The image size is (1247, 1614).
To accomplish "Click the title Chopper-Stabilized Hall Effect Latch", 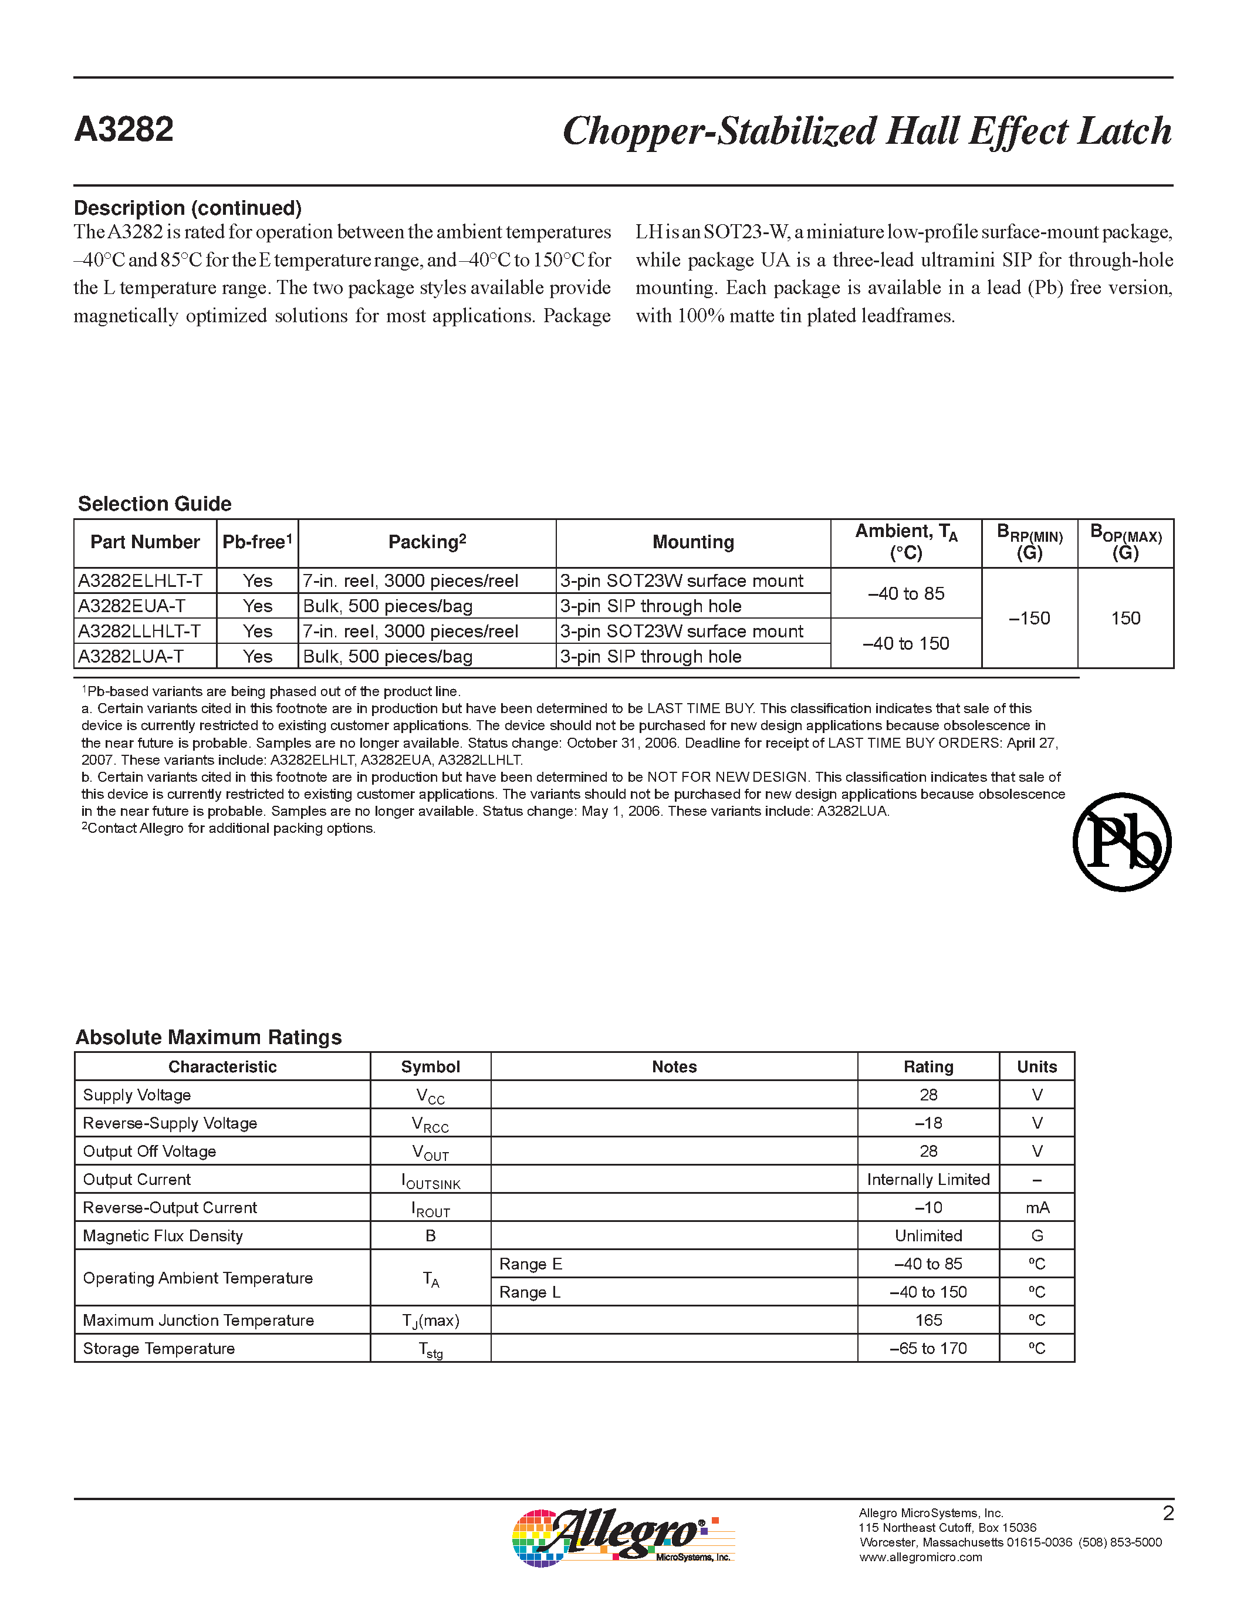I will (x=867, y=131).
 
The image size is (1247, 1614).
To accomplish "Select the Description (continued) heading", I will (x=188, y=208).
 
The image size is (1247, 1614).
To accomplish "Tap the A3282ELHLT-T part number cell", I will (x=140, y=581).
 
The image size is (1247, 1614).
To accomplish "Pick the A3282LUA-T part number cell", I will (x=131, y=656).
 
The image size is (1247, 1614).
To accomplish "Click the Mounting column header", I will (x=693, y=542).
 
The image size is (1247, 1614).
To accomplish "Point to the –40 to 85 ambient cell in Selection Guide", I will (x=905, y=593).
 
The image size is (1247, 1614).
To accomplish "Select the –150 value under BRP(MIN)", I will (x=1029, y=619).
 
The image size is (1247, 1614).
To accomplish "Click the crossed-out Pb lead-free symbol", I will (x=1121, y=842).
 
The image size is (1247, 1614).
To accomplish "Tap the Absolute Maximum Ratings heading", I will (x=208, y=1038).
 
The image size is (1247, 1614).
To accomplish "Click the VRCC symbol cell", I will (x=430, y=1124).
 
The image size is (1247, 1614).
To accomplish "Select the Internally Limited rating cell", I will (x=928, y=1180).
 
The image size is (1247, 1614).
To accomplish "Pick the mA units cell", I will (x=1036, y=1207).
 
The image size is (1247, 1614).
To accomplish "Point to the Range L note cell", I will (x=530, y=1292).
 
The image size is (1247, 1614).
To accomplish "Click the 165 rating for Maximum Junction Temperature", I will (x=928, y=1320).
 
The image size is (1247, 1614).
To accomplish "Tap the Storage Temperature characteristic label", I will (x=159, y=1348).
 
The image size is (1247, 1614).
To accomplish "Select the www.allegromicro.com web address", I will (x=921, y=1557).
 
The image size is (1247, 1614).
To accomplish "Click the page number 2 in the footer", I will (x=1168, y=1514).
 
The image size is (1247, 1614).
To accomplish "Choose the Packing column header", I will (x=427, y=542).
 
